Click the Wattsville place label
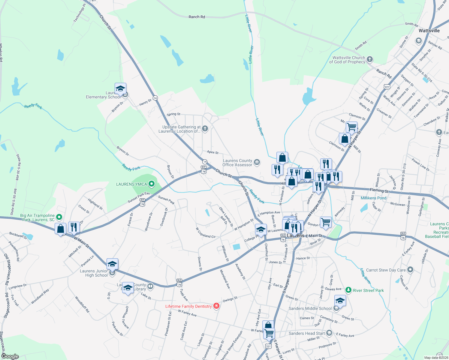click(429, 31)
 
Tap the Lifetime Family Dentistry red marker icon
click(216, 306)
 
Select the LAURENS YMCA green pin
click(152, 184)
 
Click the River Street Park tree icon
click(348, 290)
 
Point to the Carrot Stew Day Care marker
click(410, 270)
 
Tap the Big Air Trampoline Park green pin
click(59, 217)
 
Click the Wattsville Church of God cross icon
click(370, 59)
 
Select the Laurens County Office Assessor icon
click(257, 162)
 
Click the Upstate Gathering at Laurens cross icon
click(205, 129)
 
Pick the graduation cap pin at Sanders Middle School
click(340, 300)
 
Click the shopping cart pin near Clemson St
click(351, 127)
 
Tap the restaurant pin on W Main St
click(74, 227)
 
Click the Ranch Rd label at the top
click(197, 17)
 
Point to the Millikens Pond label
click(373, 198)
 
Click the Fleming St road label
click(379, 190)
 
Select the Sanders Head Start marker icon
click(329, 333)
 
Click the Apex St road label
click(212, 152)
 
